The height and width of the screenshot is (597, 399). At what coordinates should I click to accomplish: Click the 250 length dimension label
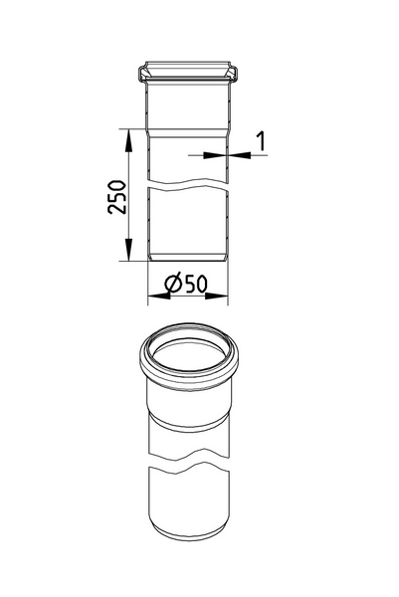pyautogui.click(x=116, y=197)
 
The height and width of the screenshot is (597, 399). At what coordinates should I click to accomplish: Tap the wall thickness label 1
pyautogui.click(x=261, y=141)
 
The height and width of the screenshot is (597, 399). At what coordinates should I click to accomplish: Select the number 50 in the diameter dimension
pyautogui.click(x=196, y=284)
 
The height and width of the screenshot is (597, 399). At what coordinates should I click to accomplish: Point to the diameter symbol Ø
pyautogui.click(x=173, y=284)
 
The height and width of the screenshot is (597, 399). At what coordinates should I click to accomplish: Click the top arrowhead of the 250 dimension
pyautogui.click(x=128, y=141)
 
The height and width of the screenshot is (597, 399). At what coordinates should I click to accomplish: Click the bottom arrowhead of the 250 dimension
pyautogui.click(x=128, y=250)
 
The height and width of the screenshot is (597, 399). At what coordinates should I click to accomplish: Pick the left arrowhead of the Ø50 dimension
pyautogui.click(x=159, y=296)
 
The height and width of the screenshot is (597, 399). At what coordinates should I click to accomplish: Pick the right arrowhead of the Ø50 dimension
pyautogui.click(x=217, y=296)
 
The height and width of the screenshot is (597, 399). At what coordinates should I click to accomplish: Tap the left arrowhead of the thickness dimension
pyautogui.click(x=215, y=155)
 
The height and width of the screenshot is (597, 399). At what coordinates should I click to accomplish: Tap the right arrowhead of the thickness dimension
pyautogui.click(x=240, y=155)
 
